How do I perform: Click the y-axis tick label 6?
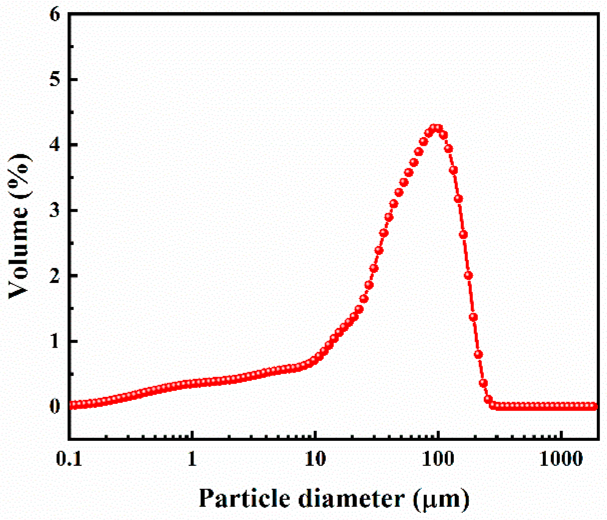coord(55,15)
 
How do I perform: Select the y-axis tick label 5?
coord(55,80)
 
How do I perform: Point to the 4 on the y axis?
coord(55,145)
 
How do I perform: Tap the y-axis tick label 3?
coord(55,210)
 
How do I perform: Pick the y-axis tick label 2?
coord(55,276)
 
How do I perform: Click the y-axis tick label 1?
coord(55,341)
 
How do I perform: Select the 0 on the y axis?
coord(55,406)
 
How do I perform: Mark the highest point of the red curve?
coord(436,128)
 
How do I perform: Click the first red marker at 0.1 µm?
coord(72,405)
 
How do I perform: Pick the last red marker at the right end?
coord(594,406)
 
